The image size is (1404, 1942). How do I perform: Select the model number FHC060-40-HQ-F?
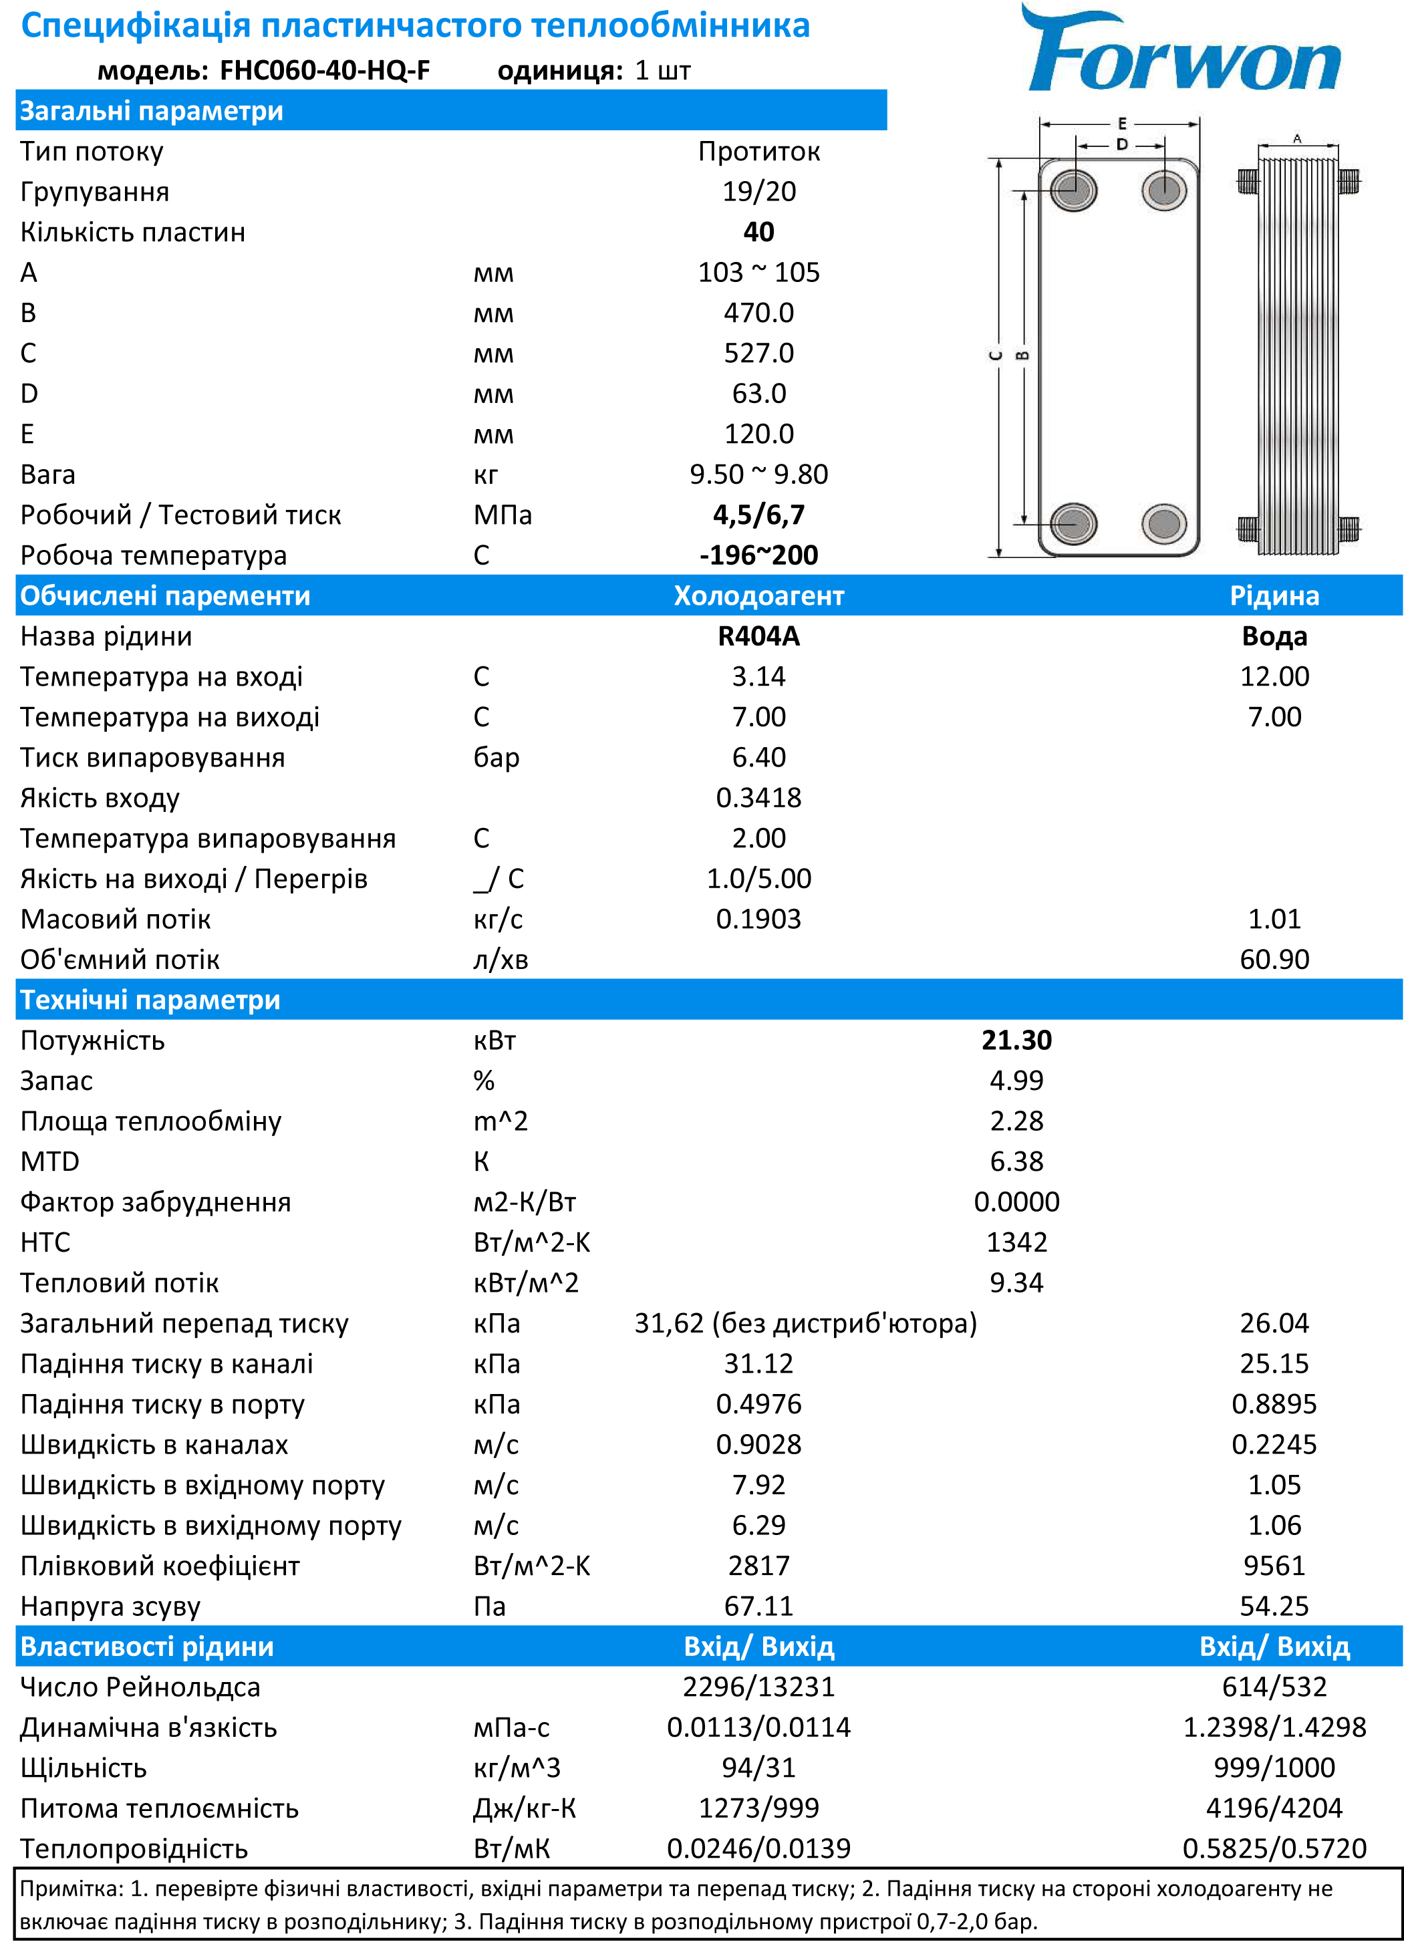[x=325, y=70]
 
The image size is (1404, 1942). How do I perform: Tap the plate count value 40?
[x=758, y=231]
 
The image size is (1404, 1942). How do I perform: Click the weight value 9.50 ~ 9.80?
[x=758, y=474]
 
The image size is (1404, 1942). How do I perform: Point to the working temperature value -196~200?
[x=758, y=555]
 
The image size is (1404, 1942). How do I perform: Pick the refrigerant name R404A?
[x=758, y=636]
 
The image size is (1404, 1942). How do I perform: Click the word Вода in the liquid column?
[x=1274, y=636]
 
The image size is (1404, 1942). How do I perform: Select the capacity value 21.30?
[x=1016, y=1041]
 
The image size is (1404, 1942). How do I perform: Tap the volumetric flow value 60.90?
[x=1274, y=959]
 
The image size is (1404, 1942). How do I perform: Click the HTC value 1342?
[x=1016, y=1242]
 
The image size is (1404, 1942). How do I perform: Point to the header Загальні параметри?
[x=152, y=110]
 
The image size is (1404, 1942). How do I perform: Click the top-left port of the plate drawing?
[x=1073, y=189]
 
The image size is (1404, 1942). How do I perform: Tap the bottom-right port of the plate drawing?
[x=1164, y=523]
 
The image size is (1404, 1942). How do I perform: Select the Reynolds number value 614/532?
[x=1274, y=1687]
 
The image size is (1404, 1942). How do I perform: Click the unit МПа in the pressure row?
[x=503, y=515]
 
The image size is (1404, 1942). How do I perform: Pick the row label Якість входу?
[x=100, y=798]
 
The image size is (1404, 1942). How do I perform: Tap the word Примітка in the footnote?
[x=70, y=1888]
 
